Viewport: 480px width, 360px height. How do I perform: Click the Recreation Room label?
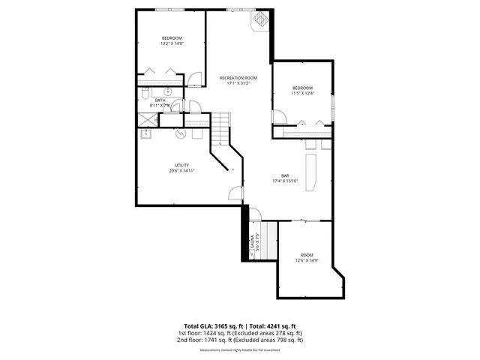click(238, 78)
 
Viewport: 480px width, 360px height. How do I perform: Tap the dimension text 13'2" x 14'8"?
click(172, 43)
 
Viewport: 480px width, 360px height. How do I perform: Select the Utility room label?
click(181, 165)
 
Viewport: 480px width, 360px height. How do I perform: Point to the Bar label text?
click(285, 175)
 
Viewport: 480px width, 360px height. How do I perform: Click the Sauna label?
click(253, 242)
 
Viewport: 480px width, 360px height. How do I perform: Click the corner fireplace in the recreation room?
click(261, 20)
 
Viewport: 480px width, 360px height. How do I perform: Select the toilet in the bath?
click(145, 93)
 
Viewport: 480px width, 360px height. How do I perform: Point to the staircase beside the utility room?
click(219, 131)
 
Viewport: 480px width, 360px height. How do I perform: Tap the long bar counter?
click(310, 169)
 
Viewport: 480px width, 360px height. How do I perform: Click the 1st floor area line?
click(240, 333)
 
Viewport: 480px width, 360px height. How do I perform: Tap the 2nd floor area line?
click(240, 340)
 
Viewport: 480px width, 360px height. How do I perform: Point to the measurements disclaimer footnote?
click(240, 349)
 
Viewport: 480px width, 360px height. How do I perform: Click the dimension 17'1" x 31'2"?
click(238, 83)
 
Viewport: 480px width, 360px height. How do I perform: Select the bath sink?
click(168, 91)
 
